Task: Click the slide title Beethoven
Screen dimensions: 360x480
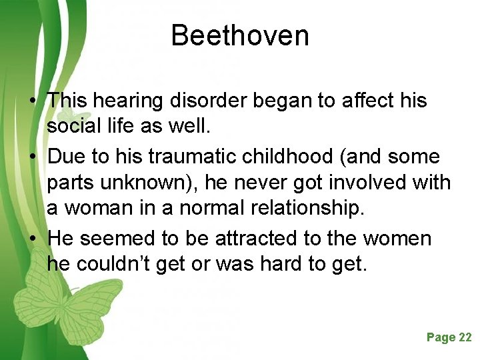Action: click(x=240, y=35)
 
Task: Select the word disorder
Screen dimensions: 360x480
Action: click(x=201, y=101)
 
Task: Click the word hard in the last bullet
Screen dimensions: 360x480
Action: click(x=279, y=264)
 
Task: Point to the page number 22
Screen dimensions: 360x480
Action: click(x=465, y=337)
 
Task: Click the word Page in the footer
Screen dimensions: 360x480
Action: click(x=441, y=337)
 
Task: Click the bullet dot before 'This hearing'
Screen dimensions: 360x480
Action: click(x=32, y=101)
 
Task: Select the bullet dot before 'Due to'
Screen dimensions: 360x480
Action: click(x=32, y=157)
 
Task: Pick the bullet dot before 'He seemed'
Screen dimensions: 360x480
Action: click(x=32, y=239)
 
